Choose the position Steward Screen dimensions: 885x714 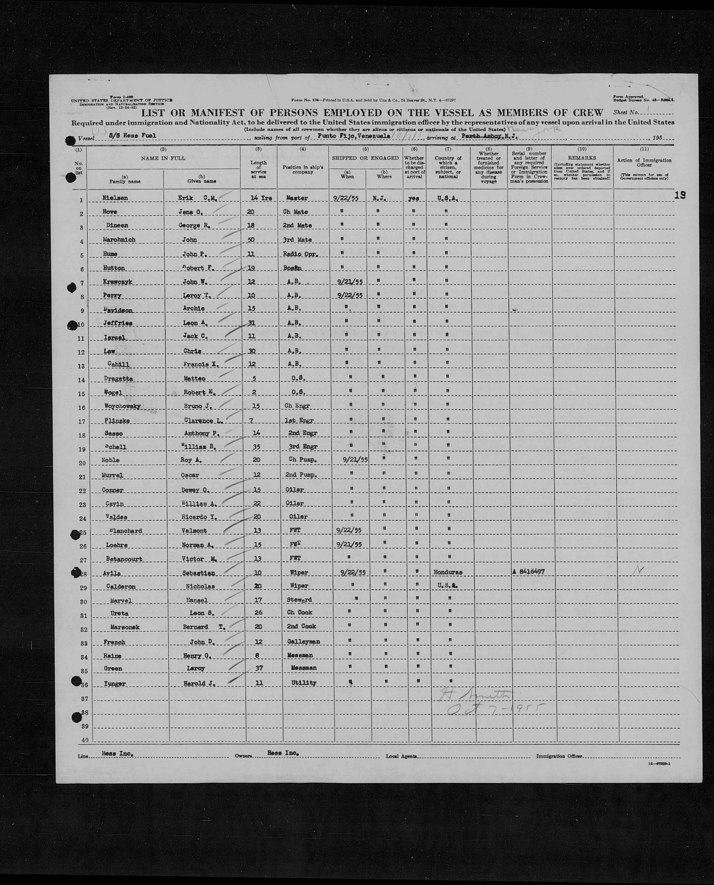[x=299, y=600]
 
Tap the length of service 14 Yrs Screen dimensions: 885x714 [x=261, y=198]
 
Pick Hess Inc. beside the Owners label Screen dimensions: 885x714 [x=283, y=753]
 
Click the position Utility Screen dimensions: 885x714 [x=304, y=683]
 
